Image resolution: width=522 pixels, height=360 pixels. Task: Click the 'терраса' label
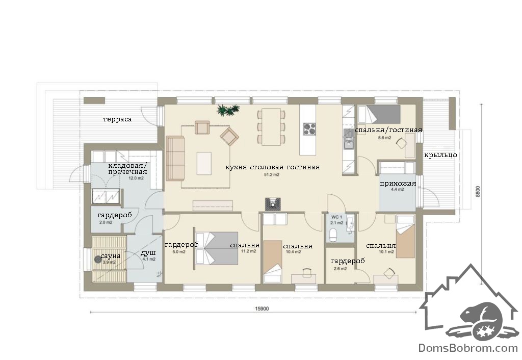coord(117,119)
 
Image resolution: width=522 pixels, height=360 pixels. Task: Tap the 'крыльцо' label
coord(440,155)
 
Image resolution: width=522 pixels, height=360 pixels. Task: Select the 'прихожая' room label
coord(398,184)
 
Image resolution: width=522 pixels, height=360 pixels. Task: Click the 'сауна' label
coord(110,256)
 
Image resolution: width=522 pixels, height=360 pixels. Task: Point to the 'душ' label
coord(148,253)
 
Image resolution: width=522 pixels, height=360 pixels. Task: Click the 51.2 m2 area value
coord(272,174)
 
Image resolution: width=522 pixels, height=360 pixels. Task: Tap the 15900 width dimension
coord(262,308)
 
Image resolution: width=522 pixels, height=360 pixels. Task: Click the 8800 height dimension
coord(478,192)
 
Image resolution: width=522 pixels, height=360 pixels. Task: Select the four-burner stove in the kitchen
coord(309,129)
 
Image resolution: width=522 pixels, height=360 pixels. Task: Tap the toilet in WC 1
coord(333,235)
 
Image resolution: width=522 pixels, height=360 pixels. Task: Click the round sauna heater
coord(98,259)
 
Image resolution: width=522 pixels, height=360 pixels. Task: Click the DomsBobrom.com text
coord(468,348)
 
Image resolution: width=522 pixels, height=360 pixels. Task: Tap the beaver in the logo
coord(480,320)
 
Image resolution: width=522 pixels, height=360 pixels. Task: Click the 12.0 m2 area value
coord(136,178)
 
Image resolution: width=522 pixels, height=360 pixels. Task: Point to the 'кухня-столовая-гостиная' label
coord(272,167)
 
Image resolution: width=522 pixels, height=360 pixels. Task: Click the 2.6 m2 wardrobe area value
coord(340,269)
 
